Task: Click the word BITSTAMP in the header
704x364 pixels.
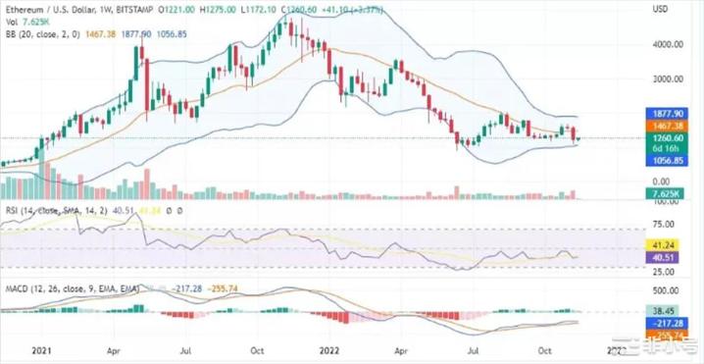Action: (x=143, y=8)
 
